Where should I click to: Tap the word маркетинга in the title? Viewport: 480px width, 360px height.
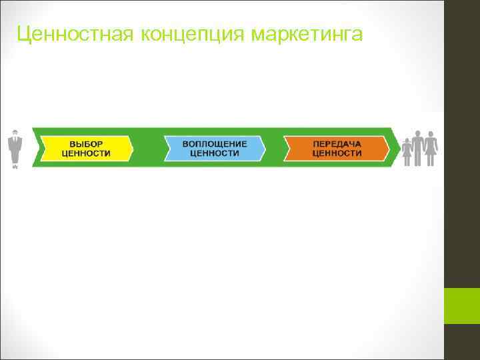pos(307,33)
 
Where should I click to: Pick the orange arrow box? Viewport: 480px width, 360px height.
pos(337,148)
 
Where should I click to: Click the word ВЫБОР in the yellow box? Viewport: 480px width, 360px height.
pos(87,143)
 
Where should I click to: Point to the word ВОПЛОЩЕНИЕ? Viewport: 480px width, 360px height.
pos(215,143)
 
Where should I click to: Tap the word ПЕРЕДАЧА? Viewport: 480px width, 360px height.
pos(337,143)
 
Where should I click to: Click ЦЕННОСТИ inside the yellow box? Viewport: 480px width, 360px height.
pos(87,153)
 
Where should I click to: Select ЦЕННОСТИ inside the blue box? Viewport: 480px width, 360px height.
pos(215,153)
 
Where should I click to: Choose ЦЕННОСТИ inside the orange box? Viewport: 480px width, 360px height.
pos(337,153)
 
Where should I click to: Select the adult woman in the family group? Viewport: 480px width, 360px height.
pos(431,148)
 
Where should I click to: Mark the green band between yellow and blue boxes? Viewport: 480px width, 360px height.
pos(149,148)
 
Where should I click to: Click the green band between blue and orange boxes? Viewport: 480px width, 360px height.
pos(275,148)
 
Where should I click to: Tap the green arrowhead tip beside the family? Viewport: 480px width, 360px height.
pos(396,148)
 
